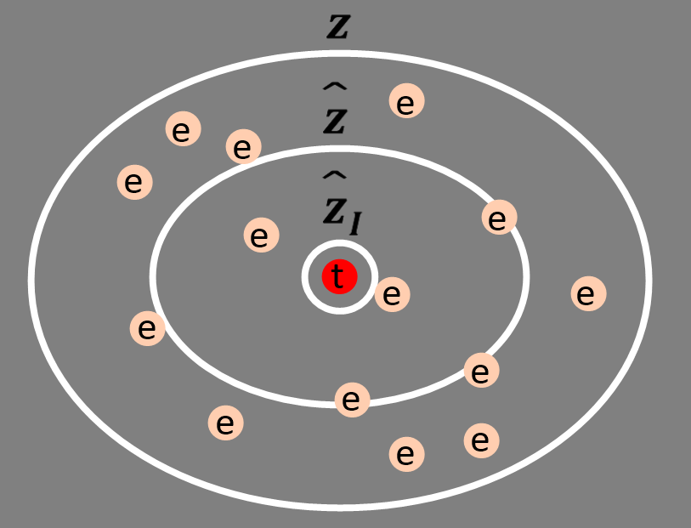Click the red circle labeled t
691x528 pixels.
339,276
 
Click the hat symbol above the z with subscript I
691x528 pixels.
334,176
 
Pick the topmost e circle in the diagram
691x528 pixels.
406,101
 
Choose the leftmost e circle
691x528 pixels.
133,182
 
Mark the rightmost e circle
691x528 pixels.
587,294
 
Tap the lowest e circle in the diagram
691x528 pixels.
405,454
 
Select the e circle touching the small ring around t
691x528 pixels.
392,294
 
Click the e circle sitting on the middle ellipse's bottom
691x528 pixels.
352,399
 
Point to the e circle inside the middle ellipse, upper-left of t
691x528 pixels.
261,235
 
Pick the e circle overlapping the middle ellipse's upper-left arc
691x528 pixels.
243,147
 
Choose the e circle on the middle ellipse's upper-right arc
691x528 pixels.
499,218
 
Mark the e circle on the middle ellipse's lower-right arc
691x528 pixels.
481,371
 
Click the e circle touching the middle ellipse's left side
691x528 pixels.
147,328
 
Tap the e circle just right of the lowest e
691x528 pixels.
481,440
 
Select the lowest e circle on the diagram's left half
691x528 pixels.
225,423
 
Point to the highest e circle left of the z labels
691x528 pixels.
182,130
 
